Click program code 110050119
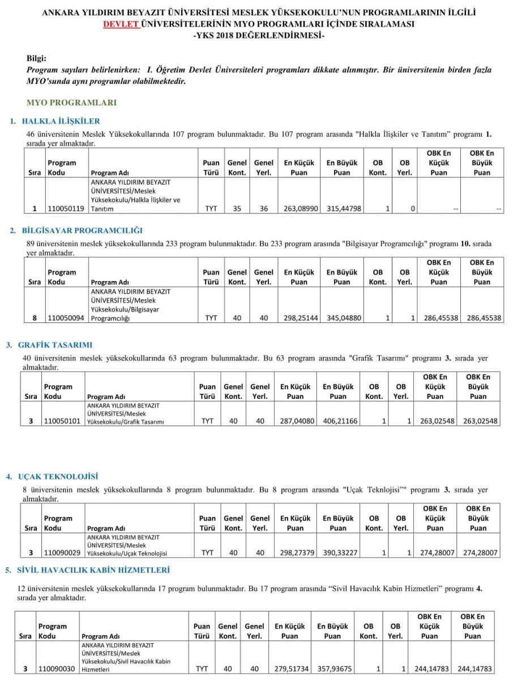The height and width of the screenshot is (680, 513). [66, 209]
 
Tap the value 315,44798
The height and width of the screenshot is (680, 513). [342, 209]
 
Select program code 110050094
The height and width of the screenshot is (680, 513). [66, 318]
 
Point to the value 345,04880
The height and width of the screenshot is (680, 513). [342, 318]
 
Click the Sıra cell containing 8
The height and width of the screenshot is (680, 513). [35, 318]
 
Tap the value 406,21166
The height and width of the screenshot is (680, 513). [339, 422]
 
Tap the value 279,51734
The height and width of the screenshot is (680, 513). [290, 669]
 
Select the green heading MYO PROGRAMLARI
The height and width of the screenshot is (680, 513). [71, 103]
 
